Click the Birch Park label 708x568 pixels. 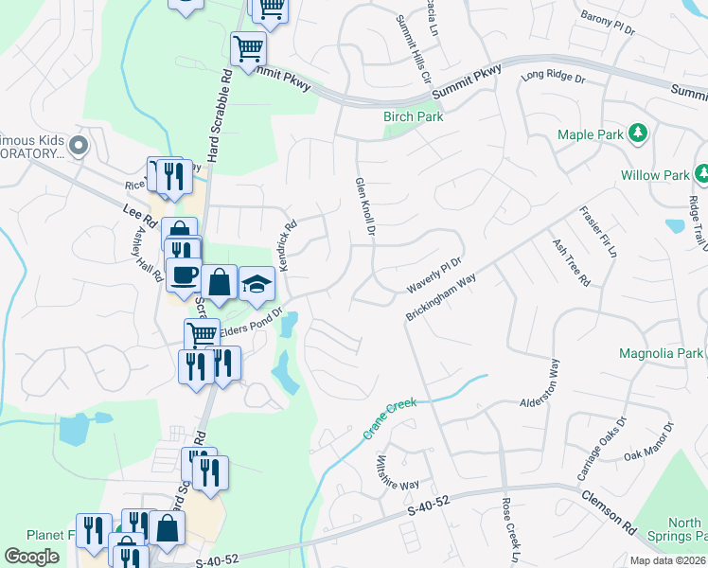[413, 116]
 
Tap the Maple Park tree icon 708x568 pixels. [639, 133]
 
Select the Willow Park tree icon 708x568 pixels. [701, 174]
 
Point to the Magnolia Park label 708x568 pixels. [661, 353]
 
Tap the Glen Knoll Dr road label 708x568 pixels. [363, 210]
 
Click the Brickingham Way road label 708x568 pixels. [440, 296]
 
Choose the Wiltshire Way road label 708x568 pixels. [397, 471]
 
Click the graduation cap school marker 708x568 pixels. [256, 283]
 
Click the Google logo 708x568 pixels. [31, 556]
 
